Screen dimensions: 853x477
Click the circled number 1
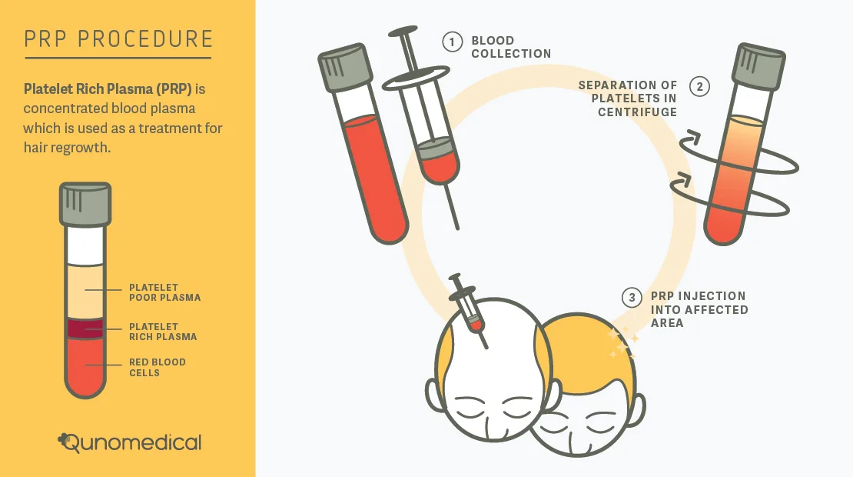(x=452, y=42)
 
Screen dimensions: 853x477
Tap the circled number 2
(x=699, y=87)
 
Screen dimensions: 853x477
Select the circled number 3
(x=632, y=297)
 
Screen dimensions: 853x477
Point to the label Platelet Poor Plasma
(x=164, y=292)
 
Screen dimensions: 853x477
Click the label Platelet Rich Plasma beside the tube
(x=163, y=332)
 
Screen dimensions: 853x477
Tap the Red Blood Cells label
(x=158, y=368)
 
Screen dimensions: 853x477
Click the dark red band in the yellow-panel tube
(x=85, y=329)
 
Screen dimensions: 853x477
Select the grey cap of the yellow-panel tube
(x=85, y=204)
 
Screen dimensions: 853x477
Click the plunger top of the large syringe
(x=403, y=31)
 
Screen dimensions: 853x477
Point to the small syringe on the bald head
(x=468, y=310)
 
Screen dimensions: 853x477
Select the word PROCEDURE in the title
(x=146, y=39)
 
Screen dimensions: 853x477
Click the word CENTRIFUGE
(x=638, y=112)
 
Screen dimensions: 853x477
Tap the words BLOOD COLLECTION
(x=511, y=48)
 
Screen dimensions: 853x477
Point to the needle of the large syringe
(x=451, y=206)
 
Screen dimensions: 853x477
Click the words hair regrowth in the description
(x=67, y=148)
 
